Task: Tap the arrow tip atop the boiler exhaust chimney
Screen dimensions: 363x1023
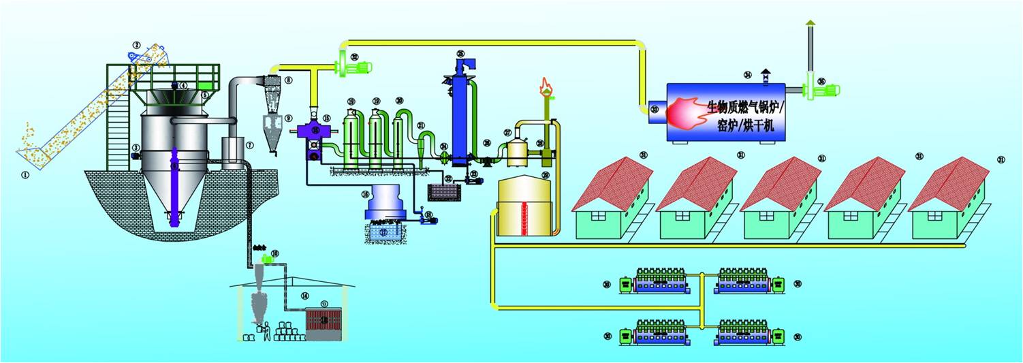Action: (810, 23)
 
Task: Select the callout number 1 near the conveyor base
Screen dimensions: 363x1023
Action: (25, 174)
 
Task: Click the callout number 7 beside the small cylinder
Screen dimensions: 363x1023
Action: (250, 145)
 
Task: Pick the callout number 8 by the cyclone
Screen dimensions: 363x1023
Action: (288, 80)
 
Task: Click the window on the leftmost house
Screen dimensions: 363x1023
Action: (597, 216)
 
